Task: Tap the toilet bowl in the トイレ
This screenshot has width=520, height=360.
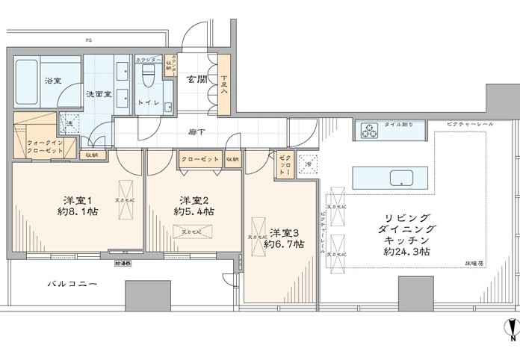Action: click(x=148, y=78)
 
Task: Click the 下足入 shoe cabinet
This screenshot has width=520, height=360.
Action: click(x=224, y=84)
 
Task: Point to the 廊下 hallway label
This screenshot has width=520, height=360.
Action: click(x=197, y=131)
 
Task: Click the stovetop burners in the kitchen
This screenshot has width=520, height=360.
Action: click(x=370, y=130)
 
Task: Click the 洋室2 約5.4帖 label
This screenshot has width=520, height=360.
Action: click(x=194, y=206)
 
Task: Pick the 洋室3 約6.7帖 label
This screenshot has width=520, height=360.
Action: click(x=286, y=238)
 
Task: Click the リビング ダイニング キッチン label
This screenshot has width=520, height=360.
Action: click(x=405, y=230)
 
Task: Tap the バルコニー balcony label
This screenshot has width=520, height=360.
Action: click(x=72, y=284)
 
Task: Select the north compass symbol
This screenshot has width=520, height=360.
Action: click(x=510, y=329)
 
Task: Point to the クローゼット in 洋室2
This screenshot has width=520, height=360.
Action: click(x=199, y=159)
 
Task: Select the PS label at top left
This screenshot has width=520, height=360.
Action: click(x=88, y=40)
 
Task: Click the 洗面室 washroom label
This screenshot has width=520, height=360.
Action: click(x=98, y=94)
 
